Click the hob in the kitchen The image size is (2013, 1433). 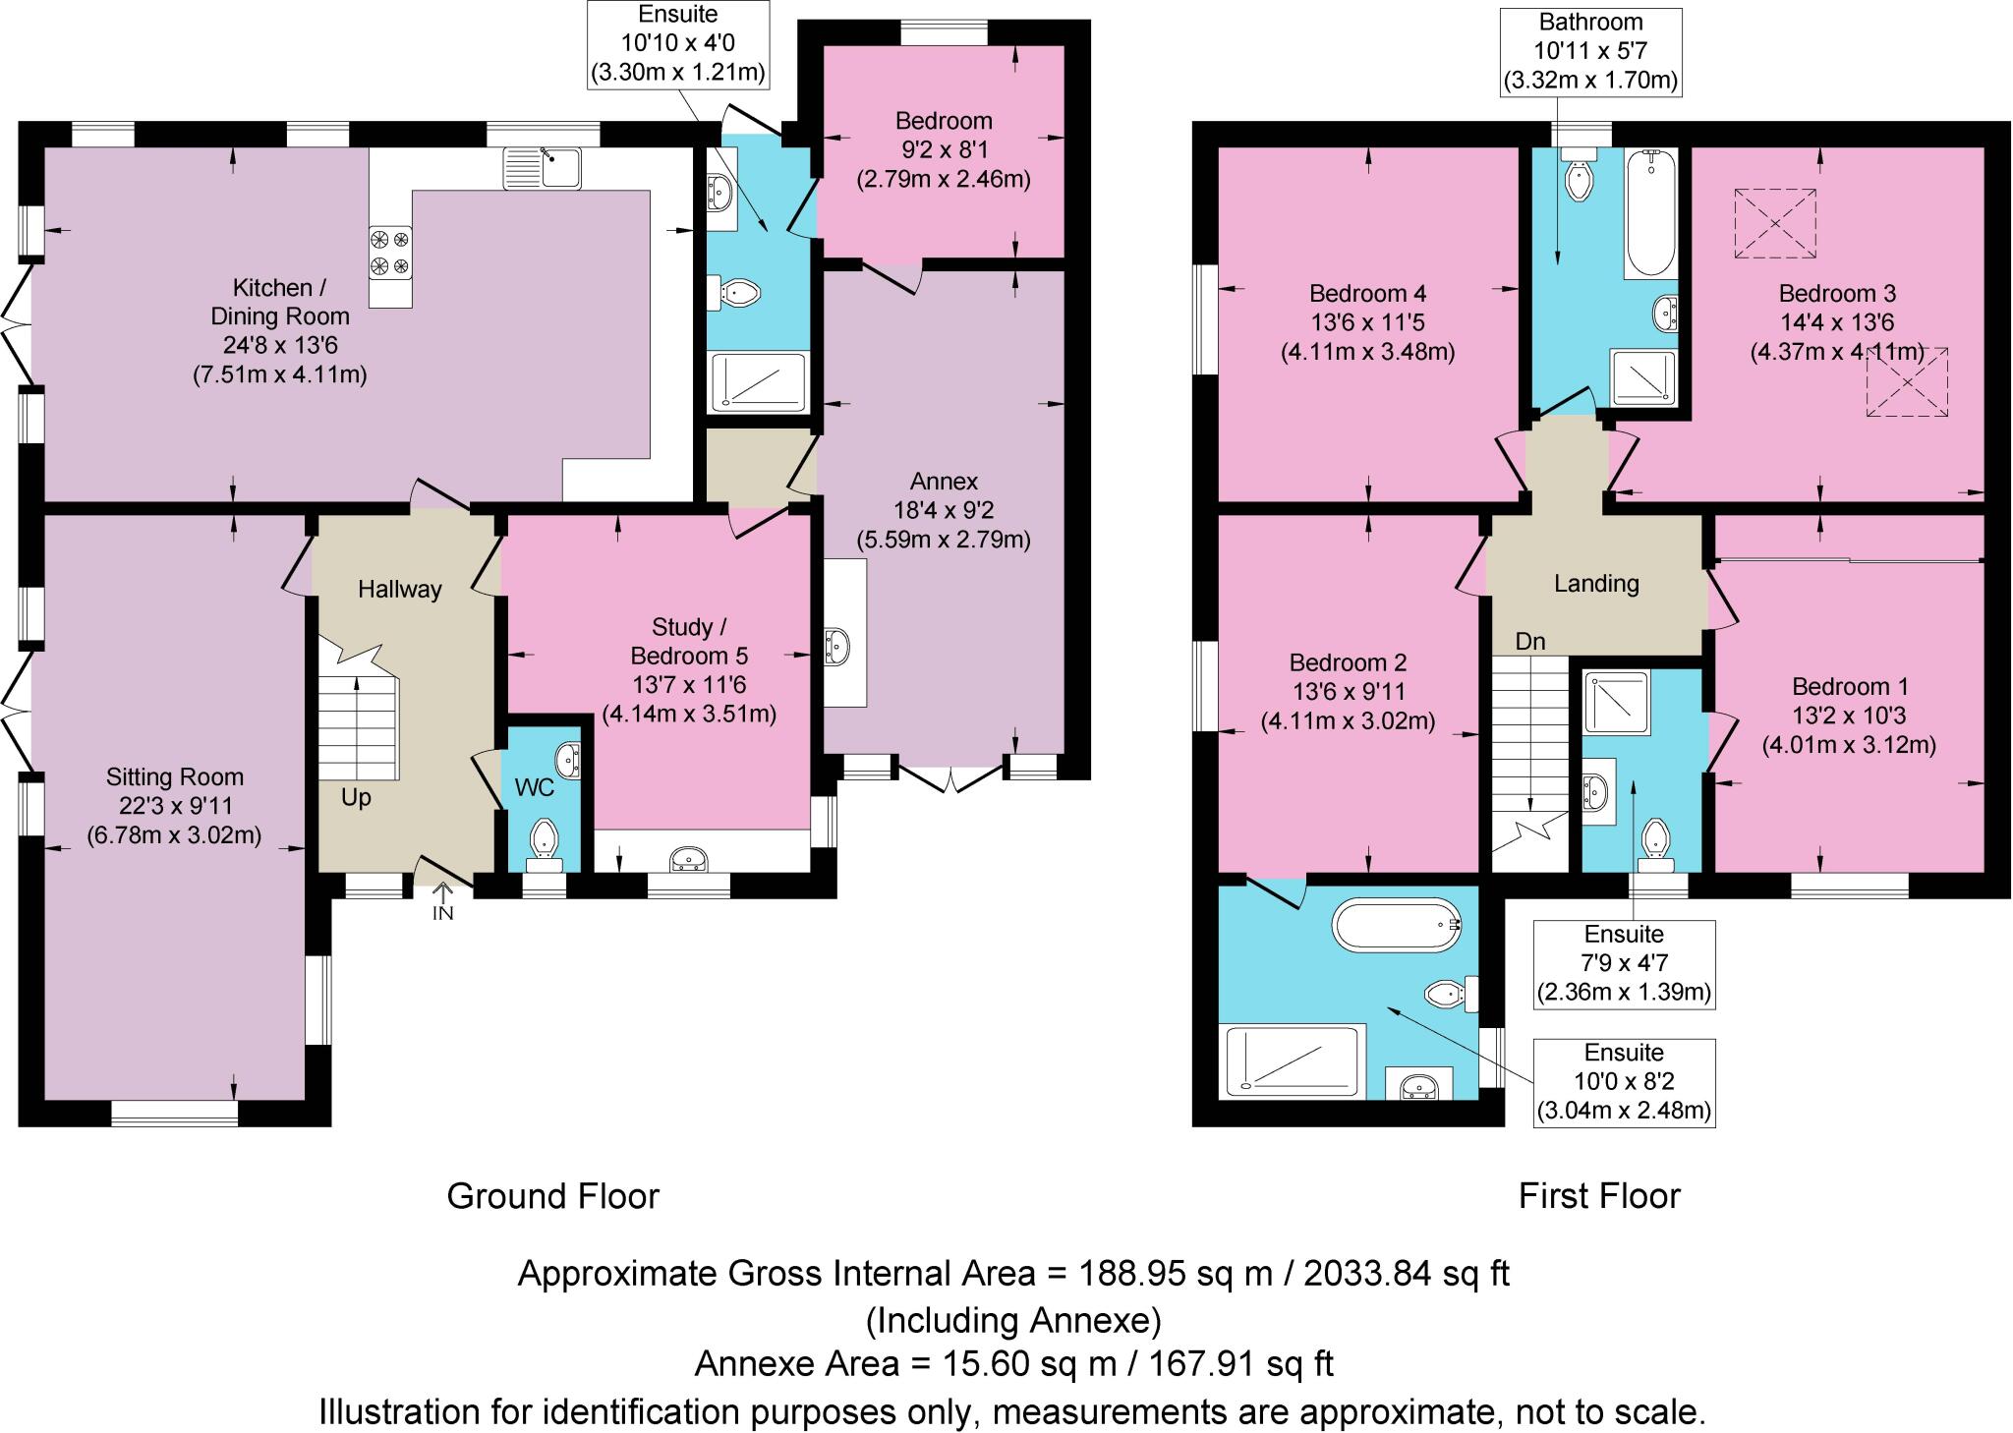(390, 253)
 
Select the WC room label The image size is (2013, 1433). (535, 787)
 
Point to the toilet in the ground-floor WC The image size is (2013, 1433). (544, 846)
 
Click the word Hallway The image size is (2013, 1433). (399, 589)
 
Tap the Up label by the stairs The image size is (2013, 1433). (356, 797)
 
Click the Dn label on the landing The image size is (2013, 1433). (1530, 642)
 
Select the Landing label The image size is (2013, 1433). (1596, 584)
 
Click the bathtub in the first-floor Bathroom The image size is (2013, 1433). (1650, 213)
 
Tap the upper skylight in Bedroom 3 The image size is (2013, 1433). (1775, 223)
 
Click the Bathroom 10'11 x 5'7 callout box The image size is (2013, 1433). (1591, 51)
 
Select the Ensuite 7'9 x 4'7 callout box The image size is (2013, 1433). (1624, 964)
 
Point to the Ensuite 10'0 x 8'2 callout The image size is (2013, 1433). (1624, 1082)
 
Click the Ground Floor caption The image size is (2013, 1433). (552, 1196)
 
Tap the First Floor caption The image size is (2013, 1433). (1599, 1196)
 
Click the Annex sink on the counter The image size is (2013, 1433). (838, 646)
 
